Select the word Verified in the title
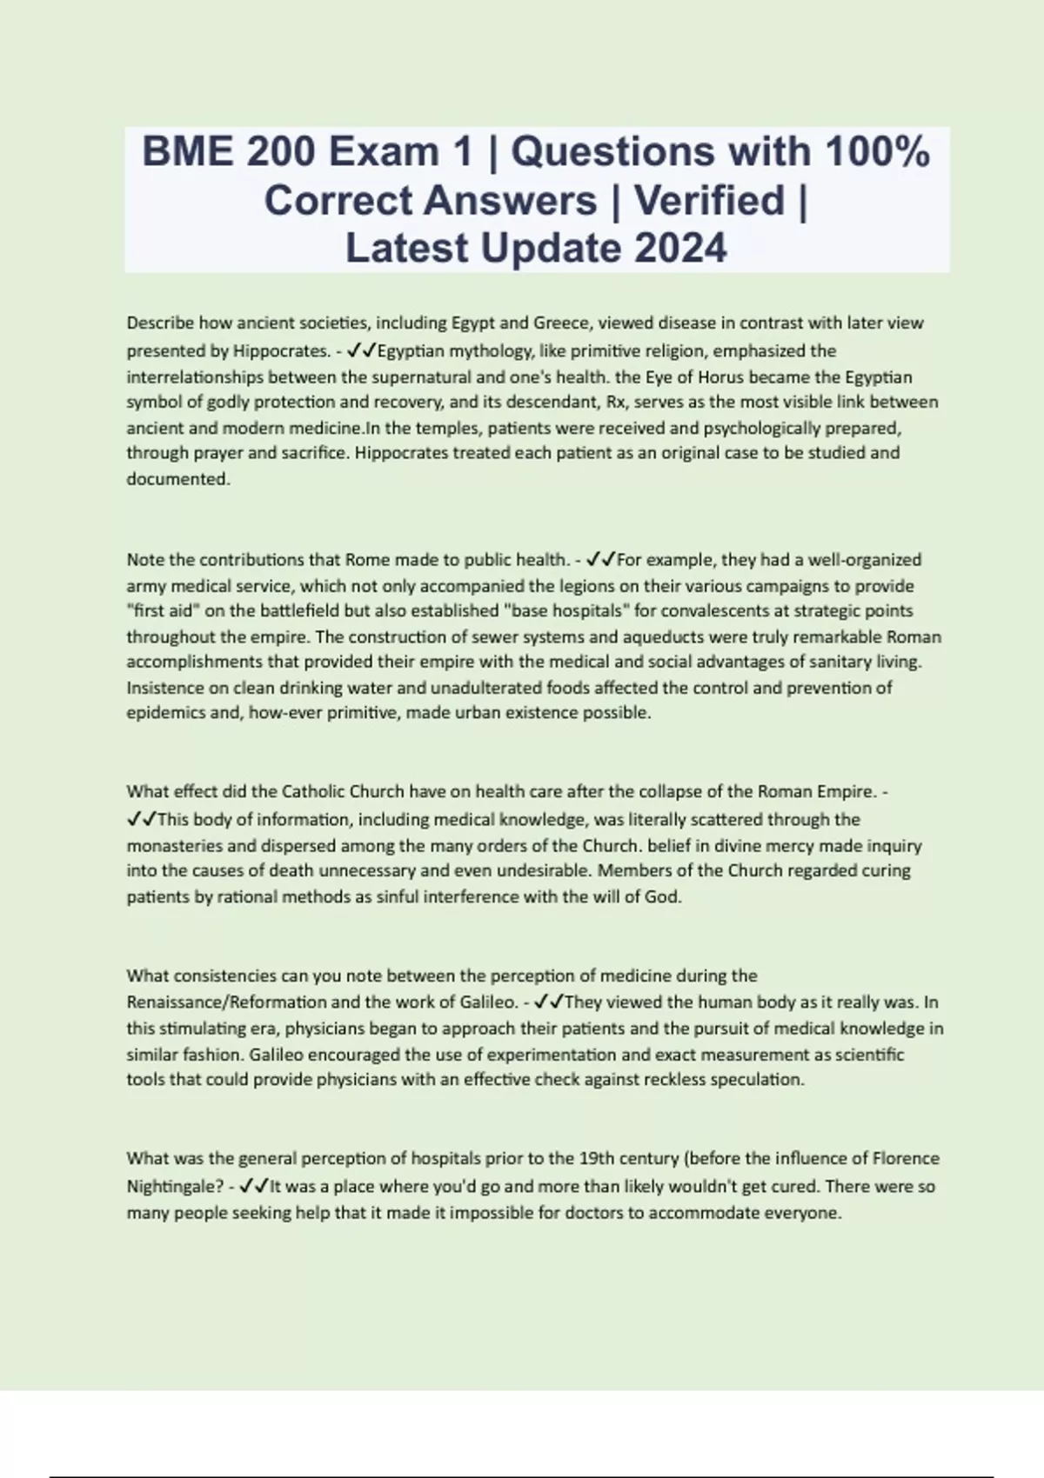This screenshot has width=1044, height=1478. point(709,201)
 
